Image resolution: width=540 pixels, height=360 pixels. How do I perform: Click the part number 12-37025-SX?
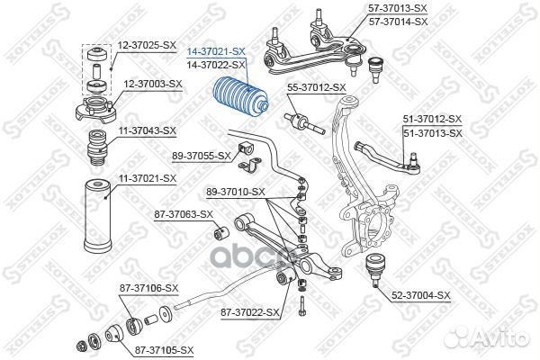click(146, 44)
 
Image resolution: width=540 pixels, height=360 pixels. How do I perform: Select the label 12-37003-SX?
click(152, 83)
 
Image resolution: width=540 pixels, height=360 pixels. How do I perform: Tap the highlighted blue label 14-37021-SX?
click(215, 53)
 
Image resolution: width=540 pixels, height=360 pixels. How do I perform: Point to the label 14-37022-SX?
click(215, 66)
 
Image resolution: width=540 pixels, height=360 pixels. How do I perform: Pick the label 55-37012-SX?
click(316, 87)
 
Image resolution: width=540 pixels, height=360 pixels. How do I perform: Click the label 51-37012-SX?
click(432, 120)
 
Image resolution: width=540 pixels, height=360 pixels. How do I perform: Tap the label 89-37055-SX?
click(202, 156)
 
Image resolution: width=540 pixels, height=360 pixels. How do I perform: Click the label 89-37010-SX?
click(235, 191)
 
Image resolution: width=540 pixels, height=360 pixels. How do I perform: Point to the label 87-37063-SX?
click(183, 214)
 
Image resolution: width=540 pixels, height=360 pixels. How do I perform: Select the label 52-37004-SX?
click(421, 293)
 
